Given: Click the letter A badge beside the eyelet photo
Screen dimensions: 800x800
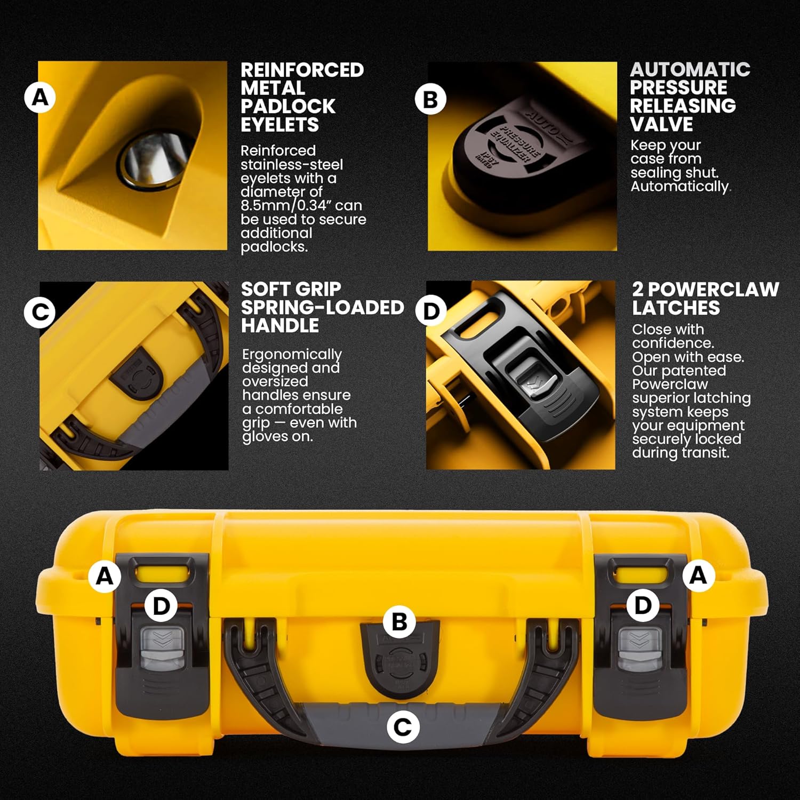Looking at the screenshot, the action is (x=40, y=98).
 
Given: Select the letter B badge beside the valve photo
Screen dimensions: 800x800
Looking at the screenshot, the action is (x=430, y=99).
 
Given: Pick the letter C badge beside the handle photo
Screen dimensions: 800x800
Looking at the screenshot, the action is (x=40, y=313).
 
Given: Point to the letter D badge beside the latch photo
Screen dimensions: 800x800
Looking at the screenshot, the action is (x=431, y=311).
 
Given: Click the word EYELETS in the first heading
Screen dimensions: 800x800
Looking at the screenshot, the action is (x=279, y=125).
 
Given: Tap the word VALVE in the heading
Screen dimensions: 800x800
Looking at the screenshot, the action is (x=661, y=124).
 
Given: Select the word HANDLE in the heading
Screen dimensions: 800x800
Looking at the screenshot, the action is (x=280, y=325).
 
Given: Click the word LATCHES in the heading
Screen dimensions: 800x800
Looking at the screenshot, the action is (x=676, y=308).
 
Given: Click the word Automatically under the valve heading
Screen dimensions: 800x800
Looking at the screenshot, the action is (x=679, y=186).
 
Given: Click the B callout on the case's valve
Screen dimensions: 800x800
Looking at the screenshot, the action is (x=399, y=622).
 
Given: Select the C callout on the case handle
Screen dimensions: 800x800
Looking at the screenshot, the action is (x=402, y=727).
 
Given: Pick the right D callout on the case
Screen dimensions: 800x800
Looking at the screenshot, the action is (x=643, y=605).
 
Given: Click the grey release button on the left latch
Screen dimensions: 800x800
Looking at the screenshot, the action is (x=162, y=647).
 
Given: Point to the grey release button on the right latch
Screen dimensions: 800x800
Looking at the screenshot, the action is (x=639, y=647).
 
